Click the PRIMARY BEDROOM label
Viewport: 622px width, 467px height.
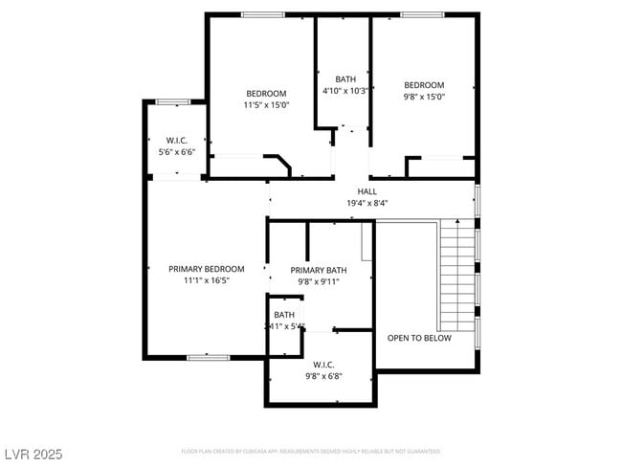(206, 269)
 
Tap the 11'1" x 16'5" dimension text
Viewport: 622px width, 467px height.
(206, 280)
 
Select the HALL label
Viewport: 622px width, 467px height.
(367, 191)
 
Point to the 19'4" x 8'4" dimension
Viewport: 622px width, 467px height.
(367, 203)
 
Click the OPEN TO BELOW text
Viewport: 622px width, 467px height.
(419, 338)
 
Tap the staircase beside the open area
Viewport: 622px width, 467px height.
(457, 273)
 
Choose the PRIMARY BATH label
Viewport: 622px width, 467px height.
(319, 271)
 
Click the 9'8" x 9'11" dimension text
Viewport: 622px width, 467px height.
(319, 282)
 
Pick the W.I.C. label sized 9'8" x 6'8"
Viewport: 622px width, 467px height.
(322, 364)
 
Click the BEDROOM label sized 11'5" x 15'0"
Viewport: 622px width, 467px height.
(265, 94)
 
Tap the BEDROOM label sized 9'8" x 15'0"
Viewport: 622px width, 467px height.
(423, 84)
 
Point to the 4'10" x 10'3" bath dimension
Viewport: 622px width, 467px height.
(344, 90)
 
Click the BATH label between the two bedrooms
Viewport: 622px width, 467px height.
(344, 78)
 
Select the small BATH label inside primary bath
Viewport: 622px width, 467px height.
(284, 315)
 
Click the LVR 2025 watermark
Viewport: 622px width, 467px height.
(32, 454)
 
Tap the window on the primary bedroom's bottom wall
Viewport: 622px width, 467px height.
(208, 358)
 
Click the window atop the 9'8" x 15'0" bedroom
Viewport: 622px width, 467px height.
(420, 14)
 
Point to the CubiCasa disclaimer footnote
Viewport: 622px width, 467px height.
(310, 451)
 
